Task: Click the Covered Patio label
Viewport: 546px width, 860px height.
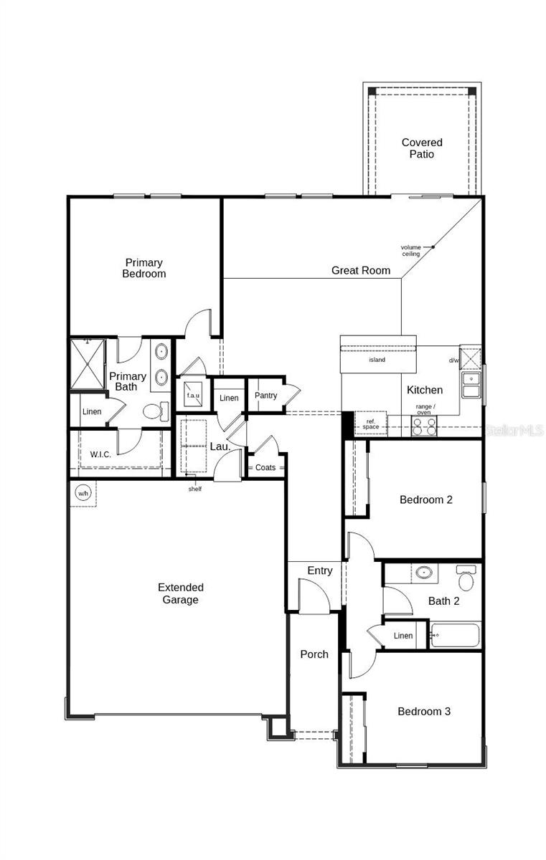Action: pos(422,148)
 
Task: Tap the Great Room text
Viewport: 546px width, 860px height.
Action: pos(361,270)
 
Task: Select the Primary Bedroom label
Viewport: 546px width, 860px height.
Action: pos(143,268)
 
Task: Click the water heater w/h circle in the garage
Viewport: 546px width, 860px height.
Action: pos(83,493)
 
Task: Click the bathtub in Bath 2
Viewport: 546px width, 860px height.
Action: pos(455,635)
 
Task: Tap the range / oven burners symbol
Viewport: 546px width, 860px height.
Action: pos(424,426)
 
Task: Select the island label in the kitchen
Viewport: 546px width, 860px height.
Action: pos(377,360)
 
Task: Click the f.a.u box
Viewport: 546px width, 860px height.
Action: pos(193,396)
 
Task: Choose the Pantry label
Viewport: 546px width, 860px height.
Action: pos(265,396)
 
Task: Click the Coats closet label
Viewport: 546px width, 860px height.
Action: pos(265,468)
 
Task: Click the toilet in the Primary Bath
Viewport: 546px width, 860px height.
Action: pos(154,411)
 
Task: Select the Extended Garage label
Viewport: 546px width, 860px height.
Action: pos(180,593)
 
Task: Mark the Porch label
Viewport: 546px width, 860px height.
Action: pos(314,654)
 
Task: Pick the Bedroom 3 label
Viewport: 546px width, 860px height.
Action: pos(424,712)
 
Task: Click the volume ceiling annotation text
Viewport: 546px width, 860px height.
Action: pos(410,250)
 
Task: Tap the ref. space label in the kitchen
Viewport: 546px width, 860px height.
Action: pos(370,424)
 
